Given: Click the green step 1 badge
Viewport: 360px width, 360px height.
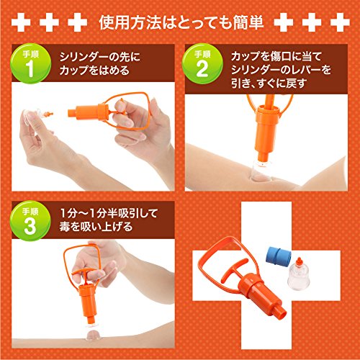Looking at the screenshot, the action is [x=31, y=63].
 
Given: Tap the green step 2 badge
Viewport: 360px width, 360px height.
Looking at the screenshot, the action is [x=202, y=63].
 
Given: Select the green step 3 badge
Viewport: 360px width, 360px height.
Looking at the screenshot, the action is [x=31, y=221].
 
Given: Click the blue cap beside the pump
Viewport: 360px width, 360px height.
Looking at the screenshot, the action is [x=279, y=257].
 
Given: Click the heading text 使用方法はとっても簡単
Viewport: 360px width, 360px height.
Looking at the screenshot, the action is [x=181, y=23].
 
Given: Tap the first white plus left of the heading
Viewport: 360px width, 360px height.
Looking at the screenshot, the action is [x=21, y=22].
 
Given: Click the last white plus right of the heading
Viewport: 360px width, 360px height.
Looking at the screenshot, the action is [x=340, y=22].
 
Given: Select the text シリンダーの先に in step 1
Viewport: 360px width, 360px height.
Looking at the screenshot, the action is [x=100, y=57].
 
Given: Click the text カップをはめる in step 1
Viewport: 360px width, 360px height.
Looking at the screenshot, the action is [x=94, y=71].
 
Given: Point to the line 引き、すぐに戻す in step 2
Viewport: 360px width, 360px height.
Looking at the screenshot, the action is [x=269, y=84].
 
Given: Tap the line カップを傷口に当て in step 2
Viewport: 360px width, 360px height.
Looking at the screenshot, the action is [x=276, y=57].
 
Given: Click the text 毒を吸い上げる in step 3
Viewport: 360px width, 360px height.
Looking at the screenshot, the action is [x=96, y=227].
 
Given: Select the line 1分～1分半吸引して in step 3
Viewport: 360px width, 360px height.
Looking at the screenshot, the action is [x=109, y=213].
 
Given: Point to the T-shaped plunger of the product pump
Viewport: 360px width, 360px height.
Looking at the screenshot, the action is [x=232, y=270].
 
